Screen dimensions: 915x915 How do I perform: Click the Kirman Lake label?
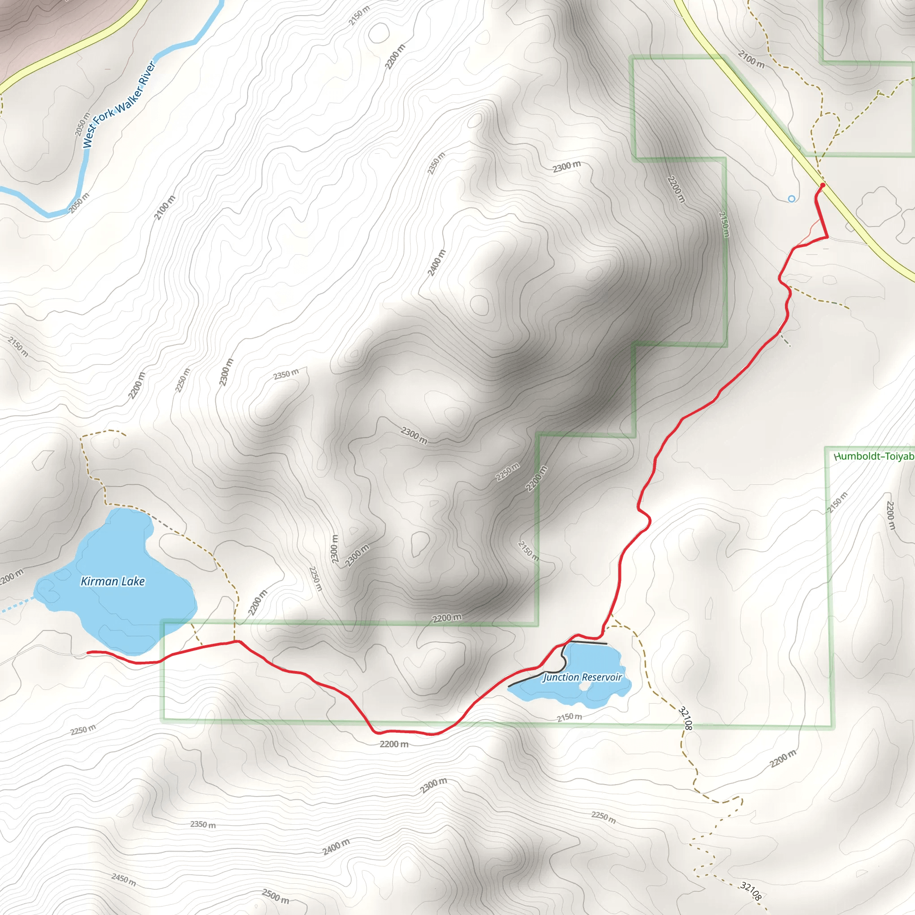(x=113, y=581)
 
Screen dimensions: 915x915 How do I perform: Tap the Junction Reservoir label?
(x=582, y=677)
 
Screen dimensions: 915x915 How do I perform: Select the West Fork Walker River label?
(x=119, y=105)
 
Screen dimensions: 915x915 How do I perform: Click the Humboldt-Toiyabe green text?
(x=874, y=456)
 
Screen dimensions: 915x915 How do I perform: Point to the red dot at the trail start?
(x=823, y=185)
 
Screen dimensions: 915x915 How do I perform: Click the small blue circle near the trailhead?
(x=791, y=199)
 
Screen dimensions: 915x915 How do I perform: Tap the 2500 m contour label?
(x=276, y=896)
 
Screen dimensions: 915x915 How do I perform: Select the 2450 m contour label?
(x=124, y=879)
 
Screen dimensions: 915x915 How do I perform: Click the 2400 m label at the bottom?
(x=336, y=846)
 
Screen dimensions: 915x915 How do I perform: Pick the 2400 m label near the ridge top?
(x=437, y=262)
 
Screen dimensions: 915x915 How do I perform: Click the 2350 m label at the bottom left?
(x=203, y=825)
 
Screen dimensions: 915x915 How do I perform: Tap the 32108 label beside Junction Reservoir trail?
(x=685, y=718)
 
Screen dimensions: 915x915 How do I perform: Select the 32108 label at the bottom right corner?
(x=751, y=891)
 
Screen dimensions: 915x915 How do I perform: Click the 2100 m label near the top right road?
(x=751, y=59)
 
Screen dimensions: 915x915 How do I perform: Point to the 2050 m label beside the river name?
(x=82, y=124)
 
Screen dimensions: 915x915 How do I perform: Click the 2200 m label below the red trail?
(x=394, y=744)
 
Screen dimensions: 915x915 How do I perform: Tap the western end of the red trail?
(x=88, y=653)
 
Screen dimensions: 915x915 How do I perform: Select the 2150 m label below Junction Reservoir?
(x=569, y=717)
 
